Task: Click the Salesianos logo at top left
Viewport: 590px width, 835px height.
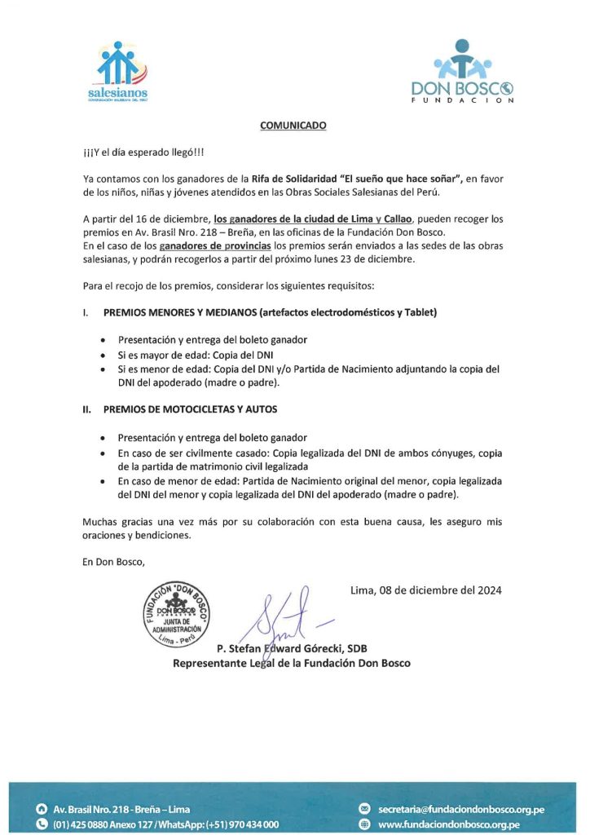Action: coord(119,71)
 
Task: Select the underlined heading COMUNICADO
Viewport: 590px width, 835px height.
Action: coord(293,126)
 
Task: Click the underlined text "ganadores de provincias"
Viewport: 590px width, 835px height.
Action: coord(215,245)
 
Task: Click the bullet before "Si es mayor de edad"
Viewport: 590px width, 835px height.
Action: coord(102,356)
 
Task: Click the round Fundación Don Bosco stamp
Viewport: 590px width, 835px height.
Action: coord(178,616)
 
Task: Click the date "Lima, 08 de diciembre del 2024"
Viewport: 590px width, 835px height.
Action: coord(425,590)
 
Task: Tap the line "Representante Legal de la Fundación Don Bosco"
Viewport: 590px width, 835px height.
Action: coord(291,663)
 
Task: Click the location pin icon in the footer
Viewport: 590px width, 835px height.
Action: coord(42,809)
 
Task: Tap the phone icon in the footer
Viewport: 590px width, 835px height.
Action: coord(42,824)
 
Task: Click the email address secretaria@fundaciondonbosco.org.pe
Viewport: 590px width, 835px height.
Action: coord(461,809)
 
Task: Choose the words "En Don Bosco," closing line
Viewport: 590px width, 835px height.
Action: coord(113,563)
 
